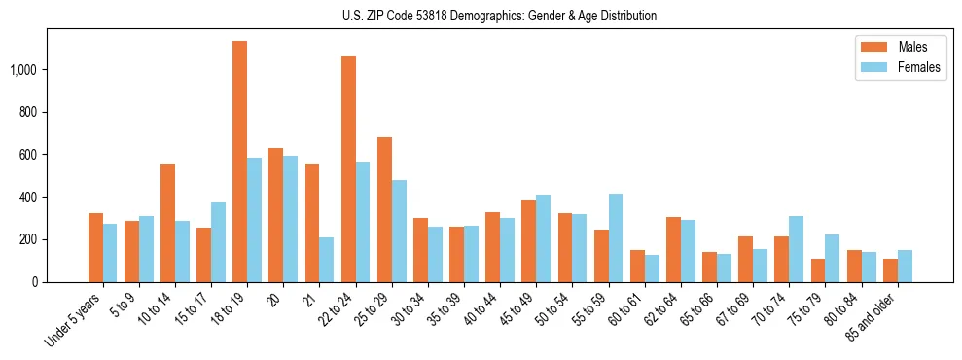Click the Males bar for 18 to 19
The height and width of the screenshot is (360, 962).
(x=239, y=162)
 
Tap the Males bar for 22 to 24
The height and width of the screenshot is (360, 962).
(x=348, y=169)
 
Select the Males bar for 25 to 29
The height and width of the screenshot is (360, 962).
(x=384, y=209)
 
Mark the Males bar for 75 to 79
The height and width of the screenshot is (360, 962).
(x=818, y=270)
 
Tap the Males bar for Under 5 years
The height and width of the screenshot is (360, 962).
(x=95, y=247)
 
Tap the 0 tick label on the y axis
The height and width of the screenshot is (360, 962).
(x=35, y=282)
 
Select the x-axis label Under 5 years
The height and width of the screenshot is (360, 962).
(x=74, y=321)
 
